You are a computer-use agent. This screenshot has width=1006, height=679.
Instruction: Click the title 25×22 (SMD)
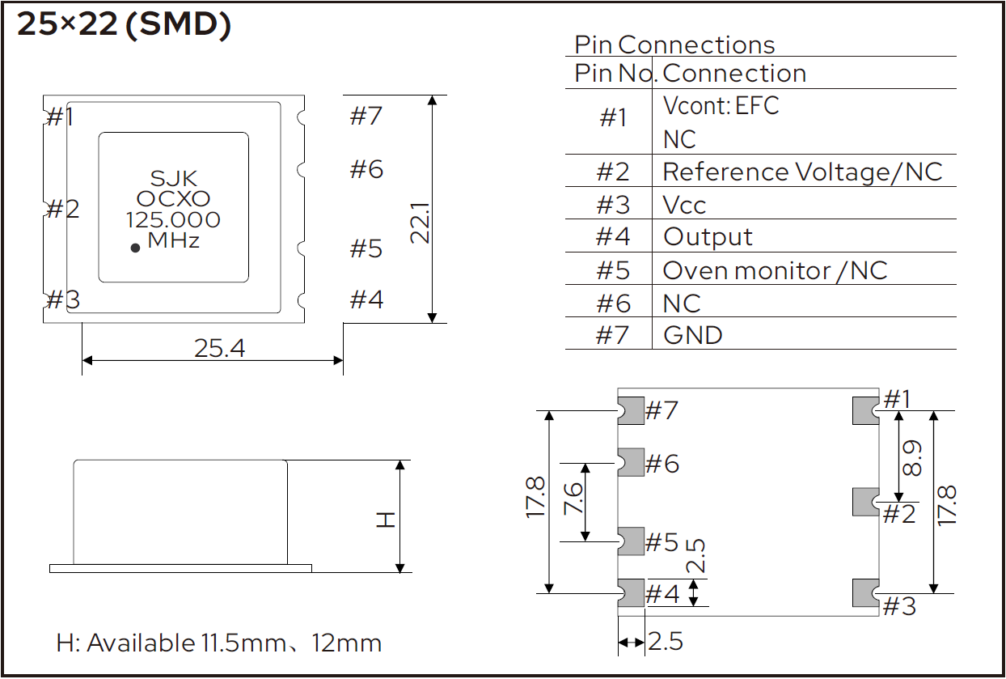pyautogui.click(x=124, y=24)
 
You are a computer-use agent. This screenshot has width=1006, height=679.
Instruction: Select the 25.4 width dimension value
pyautogui.click(x=220, y=348)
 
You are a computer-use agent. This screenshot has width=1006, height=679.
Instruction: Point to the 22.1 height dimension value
pyautogui.click(x=421, y=223)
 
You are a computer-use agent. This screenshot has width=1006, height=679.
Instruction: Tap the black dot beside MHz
pyautogui.click(x=135, y=248)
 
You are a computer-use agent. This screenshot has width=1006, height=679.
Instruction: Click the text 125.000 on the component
pyautogui.click(x=173, y=220)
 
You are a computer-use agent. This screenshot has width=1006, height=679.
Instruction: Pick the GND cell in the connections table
pyautogui.click(x=693, y=335)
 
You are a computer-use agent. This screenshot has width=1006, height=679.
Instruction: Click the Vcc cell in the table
pyautogui.click(x=684, y=206)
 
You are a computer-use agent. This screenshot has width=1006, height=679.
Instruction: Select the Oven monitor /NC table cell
pyautogui.click(x=776, y=271)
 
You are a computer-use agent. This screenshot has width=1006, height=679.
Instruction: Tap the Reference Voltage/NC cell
pyautogui.click(x=802, y=172)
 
